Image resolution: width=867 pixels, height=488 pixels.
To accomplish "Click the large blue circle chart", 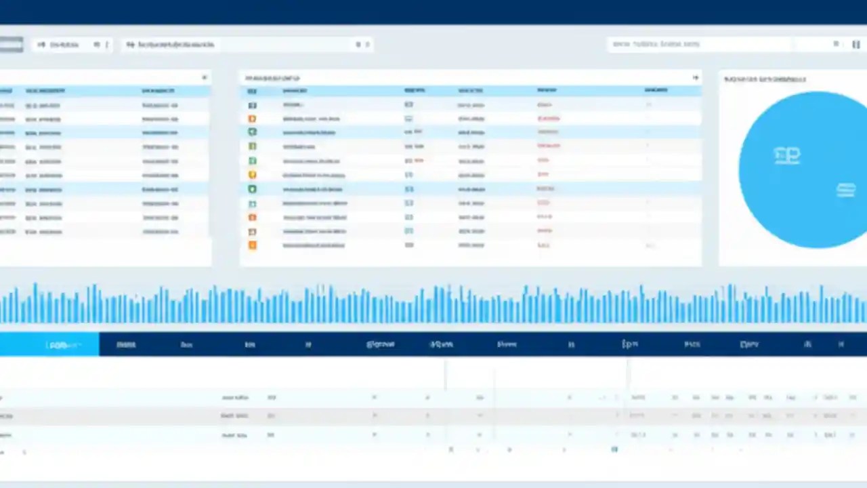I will click(803, 169).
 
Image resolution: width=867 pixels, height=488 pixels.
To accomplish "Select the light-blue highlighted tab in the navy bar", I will click(49, 344).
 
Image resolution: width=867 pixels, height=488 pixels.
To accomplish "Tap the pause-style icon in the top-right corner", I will click(855, 44).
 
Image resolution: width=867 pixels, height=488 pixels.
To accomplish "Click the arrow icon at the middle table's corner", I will click(695, 78).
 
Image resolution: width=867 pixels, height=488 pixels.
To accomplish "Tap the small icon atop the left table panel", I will click(204, 78).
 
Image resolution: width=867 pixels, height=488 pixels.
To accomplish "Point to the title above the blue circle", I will click(765, 79).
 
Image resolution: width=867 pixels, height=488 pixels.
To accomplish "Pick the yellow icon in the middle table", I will click(253, 175).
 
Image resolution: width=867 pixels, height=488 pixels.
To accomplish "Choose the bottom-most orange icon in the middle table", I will click(253, 245).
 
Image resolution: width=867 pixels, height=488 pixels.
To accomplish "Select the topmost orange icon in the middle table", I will click(253, 119).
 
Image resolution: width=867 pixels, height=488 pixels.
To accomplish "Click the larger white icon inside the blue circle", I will click(786, 156).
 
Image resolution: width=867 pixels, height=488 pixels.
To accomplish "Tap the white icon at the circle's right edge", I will click(845, 190).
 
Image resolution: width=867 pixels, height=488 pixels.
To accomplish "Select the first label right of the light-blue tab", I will click(126, 344).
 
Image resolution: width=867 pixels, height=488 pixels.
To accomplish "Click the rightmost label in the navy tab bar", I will click(841, 344).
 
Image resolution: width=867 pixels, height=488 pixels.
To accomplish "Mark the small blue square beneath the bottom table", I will click(614, 449).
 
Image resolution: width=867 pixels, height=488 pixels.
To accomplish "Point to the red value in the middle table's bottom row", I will click(543, 245).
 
